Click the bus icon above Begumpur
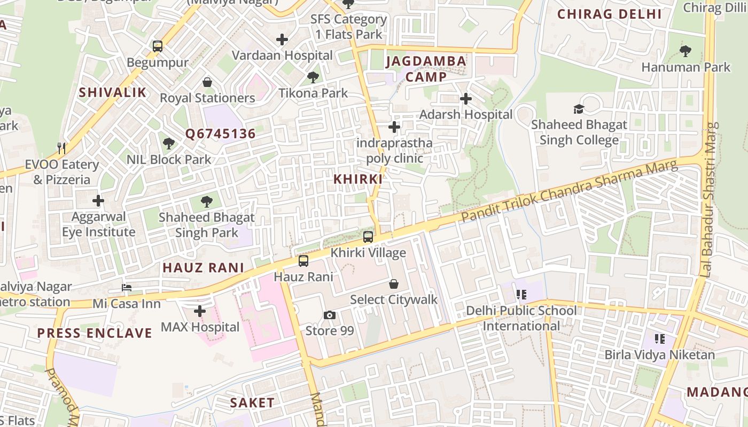[158, 46]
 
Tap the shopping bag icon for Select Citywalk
[394, 284]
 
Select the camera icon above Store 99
[330, 315]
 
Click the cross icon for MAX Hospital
[200, 311]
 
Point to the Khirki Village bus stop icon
[368, 237]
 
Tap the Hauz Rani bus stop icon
[303, 261]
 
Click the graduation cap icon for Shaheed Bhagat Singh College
[579, 109]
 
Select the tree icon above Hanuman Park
[685, 51]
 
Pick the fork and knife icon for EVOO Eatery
[62, 148]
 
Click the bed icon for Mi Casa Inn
[127, 288]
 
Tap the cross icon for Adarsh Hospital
[466, 99]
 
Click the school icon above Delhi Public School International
[521, 295]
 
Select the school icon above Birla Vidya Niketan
[660, 339]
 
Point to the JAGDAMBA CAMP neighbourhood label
[426, 69]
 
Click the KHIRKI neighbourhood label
[358, 179]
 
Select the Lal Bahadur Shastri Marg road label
[710, 200]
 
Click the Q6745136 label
[221, 133]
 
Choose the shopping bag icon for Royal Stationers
[207, 82]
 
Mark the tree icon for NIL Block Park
[169, 143]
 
